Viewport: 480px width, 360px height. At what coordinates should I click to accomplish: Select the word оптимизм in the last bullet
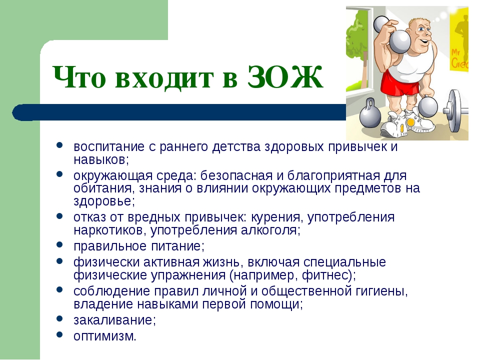tap(103, 336)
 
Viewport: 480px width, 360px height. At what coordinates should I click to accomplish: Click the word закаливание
tap(113, 320)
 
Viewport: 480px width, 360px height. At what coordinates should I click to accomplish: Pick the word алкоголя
tap(269, 230)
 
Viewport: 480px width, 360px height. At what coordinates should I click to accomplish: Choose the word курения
tap(276, 217)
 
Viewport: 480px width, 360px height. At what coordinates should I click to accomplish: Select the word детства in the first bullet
tap(236, 146)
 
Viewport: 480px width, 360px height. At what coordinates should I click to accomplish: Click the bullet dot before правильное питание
tap(59, 244)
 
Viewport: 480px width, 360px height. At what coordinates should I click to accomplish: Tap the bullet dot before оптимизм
tap(59, 334)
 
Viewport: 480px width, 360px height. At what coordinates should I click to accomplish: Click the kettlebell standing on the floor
tap(370, 115)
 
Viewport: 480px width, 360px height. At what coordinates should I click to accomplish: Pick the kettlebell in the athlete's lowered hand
tap(427, 105)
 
